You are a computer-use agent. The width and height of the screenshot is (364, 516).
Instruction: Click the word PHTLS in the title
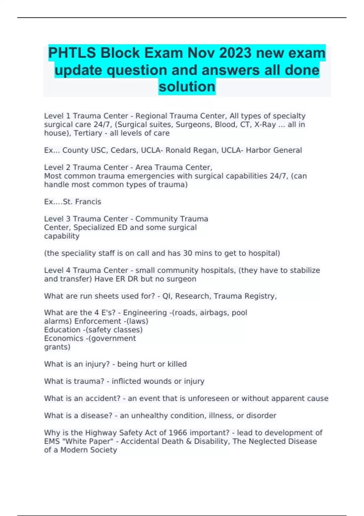(72, 53)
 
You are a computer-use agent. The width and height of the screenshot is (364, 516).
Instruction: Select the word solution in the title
(187, 87)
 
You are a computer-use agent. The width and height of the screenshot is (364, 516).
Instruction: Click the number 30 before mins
(188, 253)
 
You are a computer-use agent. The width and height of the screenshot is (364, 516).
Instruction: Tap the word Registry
(260, 296)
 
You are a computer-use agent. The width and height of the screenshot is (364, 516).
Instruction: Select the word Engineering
(145, 313)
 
